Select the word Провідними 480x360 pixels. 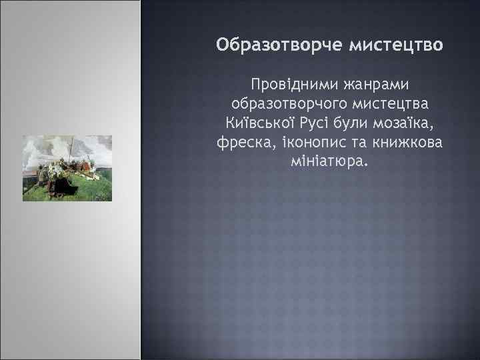(290, 85)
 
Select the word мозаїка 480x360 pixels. (413, 124)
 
